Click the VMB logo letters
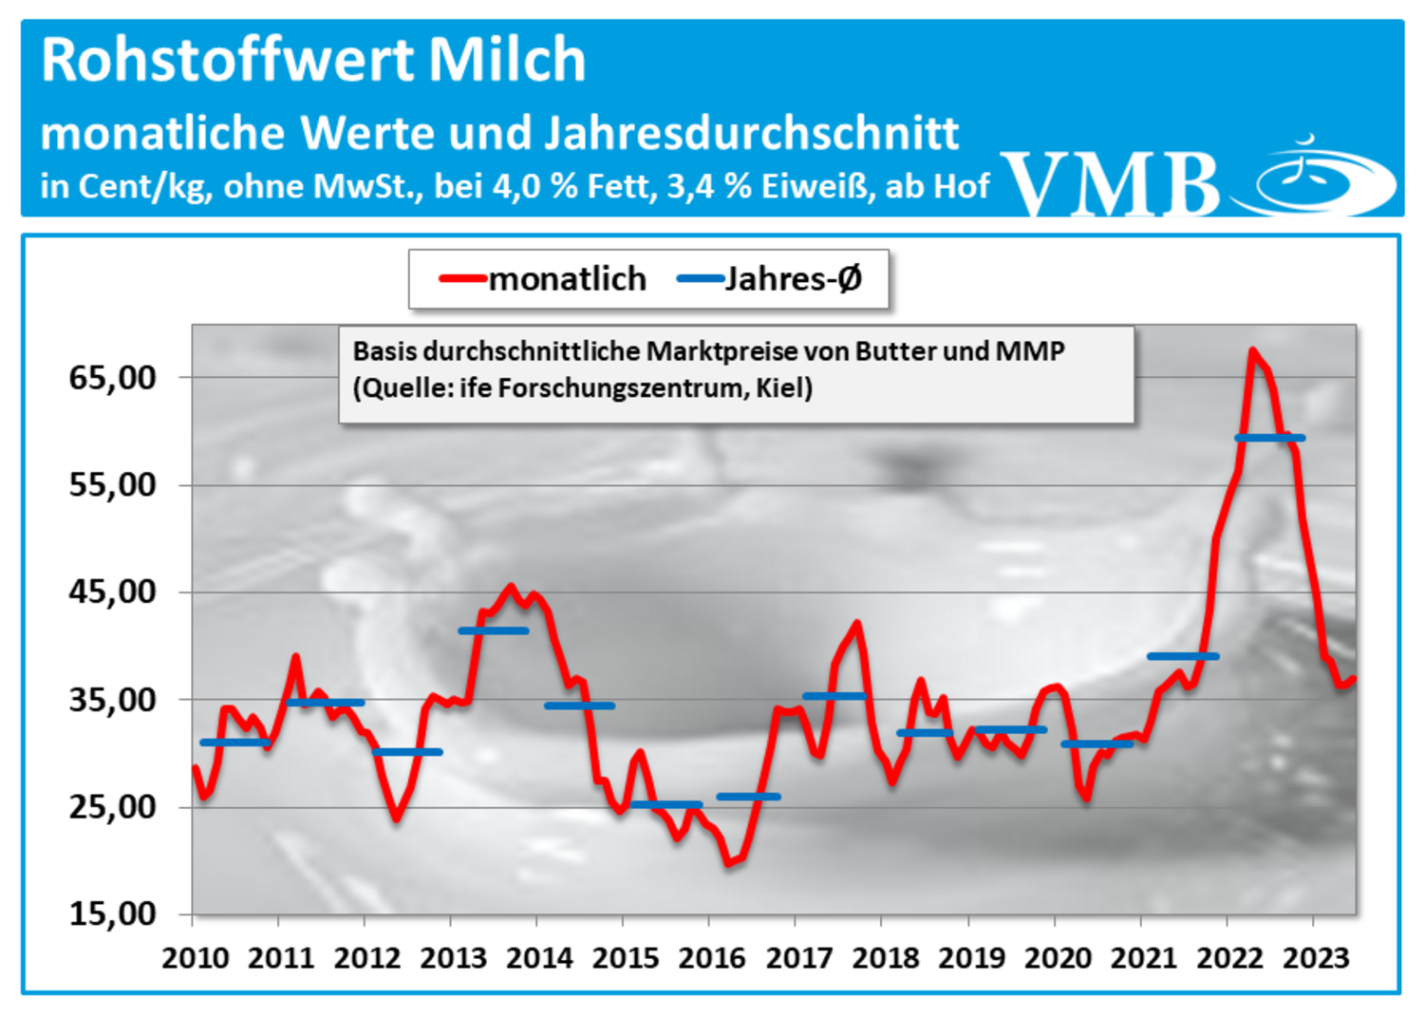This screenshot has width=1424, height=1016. coord(1111,182)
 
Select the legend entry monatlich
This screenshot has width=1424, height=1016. coord(567,279)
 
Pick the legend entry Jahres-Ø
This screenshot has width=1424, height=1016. coord(793,279)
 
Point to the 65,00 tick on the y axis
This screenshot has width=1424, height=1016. coord(112,378)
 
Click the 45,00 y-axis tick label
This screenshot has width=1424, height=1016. coord(112,593)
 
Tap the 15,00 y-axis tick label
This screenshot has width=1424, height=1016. coord(112,914)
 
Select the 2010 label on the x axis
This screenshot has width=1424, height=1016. coord(195,958)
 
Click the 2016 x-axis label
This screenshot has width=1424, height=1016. coord(712,958)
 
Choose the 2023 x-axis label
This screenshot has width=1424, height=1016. coord(1316,958)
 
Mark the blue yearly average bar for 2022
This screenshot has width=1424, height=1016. coord(1269,438)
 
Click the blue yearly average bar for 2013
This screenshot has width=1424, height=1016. coord(493,630)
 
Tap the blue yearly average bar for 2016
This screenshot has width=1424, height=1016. coord(748,797)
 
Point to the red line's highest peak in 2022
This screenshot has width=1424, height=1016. coord(1252,351)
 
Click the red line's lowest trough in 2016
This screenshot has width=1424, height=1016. coord(729,862)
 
